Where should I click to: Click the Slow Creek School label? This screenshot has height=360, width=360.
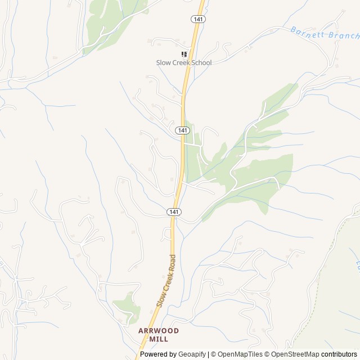pos(184,62)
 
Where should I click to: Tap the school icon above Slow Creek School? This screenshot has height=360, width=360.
pos(184,54)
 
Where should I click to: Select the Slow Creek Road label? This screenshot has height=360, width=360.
pos(166,280)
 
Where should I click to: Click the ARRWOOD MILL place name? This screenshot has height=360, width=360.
pos(159,335)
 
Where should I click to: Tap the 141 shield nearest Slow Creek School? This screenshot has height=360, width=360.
pos(198,19)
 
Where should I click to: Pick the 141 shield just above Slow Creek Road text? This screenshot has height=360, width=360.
pos(174,211)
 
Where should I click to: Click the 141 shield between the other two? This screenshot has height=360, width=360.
pos(182,130)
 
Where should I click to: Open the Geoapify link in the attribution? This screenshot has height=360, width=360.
pos(192,354)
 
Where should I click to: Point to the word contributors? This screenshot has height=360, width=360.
pos(339,354)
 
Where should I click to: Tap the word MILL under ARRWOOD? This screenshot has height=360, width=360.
pos(159,339)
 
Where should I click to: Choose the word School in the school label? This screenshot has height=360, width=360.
pos(200,62)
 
